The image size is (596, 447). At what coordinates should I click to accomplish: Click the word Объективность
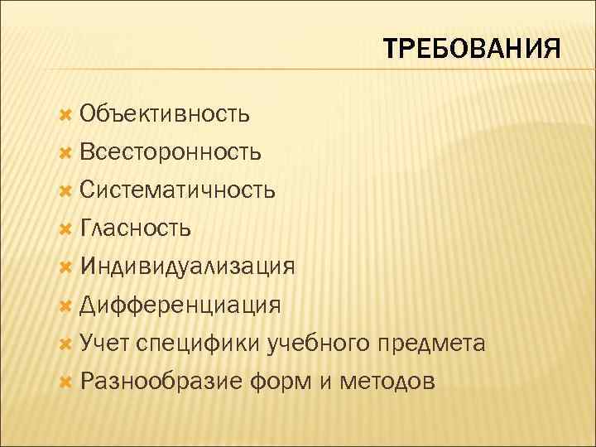tap(165, 113)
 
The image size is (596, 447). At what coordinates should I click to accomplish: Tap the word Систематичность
tap(178, 190)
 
